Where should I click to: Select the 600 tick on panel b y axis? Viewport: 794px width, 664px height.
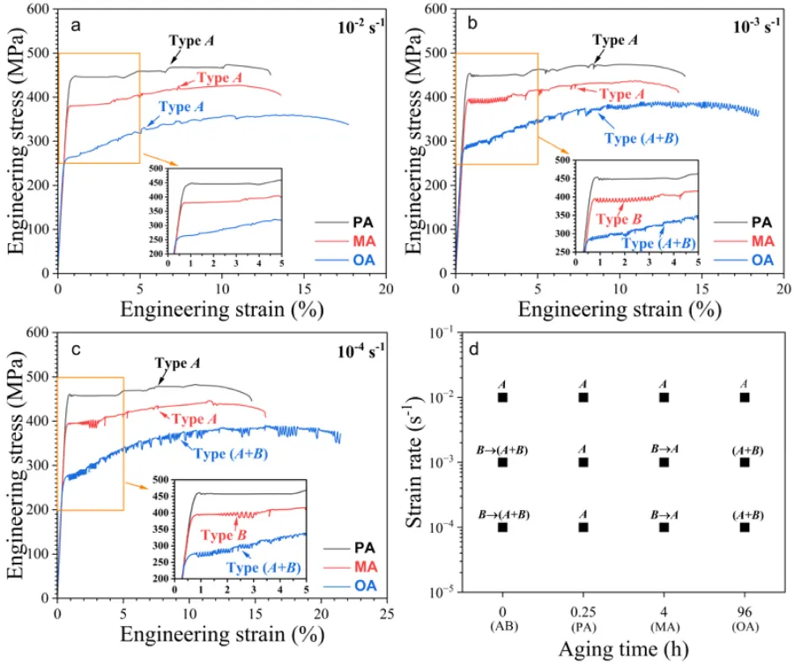tap(435, 10)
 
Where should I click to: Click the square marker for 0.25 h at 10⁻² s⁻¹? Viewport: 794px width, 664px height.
tap(583, 397)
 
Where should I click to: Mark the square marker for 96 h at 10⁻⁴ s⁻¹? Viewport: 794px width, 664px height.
tap(745, 528)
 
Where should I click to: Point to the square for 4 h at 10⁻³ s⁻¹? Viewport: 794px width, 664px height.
tap(664, 462)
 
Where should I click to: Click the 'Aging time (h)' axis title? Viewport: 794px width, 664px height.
tap(622, 651)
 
